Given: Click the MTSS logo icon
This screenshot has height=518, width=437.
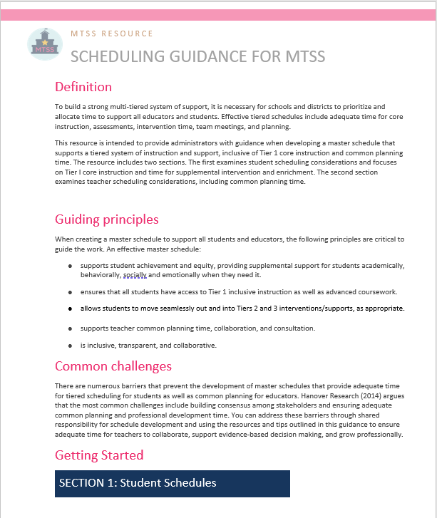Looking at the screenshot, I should click(x=44, y=44).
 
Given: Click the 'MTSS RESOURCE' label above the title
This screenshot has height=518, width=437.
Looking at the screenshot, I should click(x=112, y=33).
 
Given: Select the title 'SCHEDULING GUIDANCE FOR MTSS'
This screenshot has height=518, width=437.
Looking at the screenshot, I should click(x=197, y=56).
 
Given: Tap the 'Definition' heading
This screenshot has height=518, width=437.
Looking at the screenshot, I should click(x=83, y=87).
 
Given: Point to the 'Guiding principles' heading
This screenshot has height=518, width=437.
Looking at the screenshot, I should click(x=107, y=219).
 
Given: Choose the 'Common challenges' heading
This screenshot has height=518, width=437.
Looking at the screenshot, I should click(x=113, y=366).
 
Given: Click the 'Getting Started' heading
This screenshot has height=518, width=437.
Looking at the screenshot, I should click(x=99, y=455).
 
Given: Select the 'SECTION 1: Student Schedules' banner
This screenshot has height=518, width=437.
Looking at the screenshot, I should click(x=173, y=483).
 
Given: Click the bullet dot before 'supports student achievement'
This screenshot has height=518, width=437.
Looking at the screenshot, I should click(x=70, y=266).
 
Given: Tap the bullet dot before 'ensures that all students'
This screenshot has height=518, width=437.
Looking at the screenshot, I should click(x=70, y=292).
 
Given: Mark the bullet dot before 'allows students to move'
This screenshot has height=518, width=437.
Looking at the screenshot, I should click(x=70, y=309).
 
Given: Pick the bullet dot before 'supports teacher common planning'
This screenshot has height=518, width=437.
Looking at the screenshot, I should click(x=70, y=328).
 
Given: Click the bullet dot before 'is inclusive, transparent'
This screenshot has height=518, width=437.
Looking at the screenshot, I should click(x=70, y=346).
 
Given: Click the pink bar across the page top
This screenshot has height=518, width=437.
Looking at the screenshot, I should click(x=218, y=15).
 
